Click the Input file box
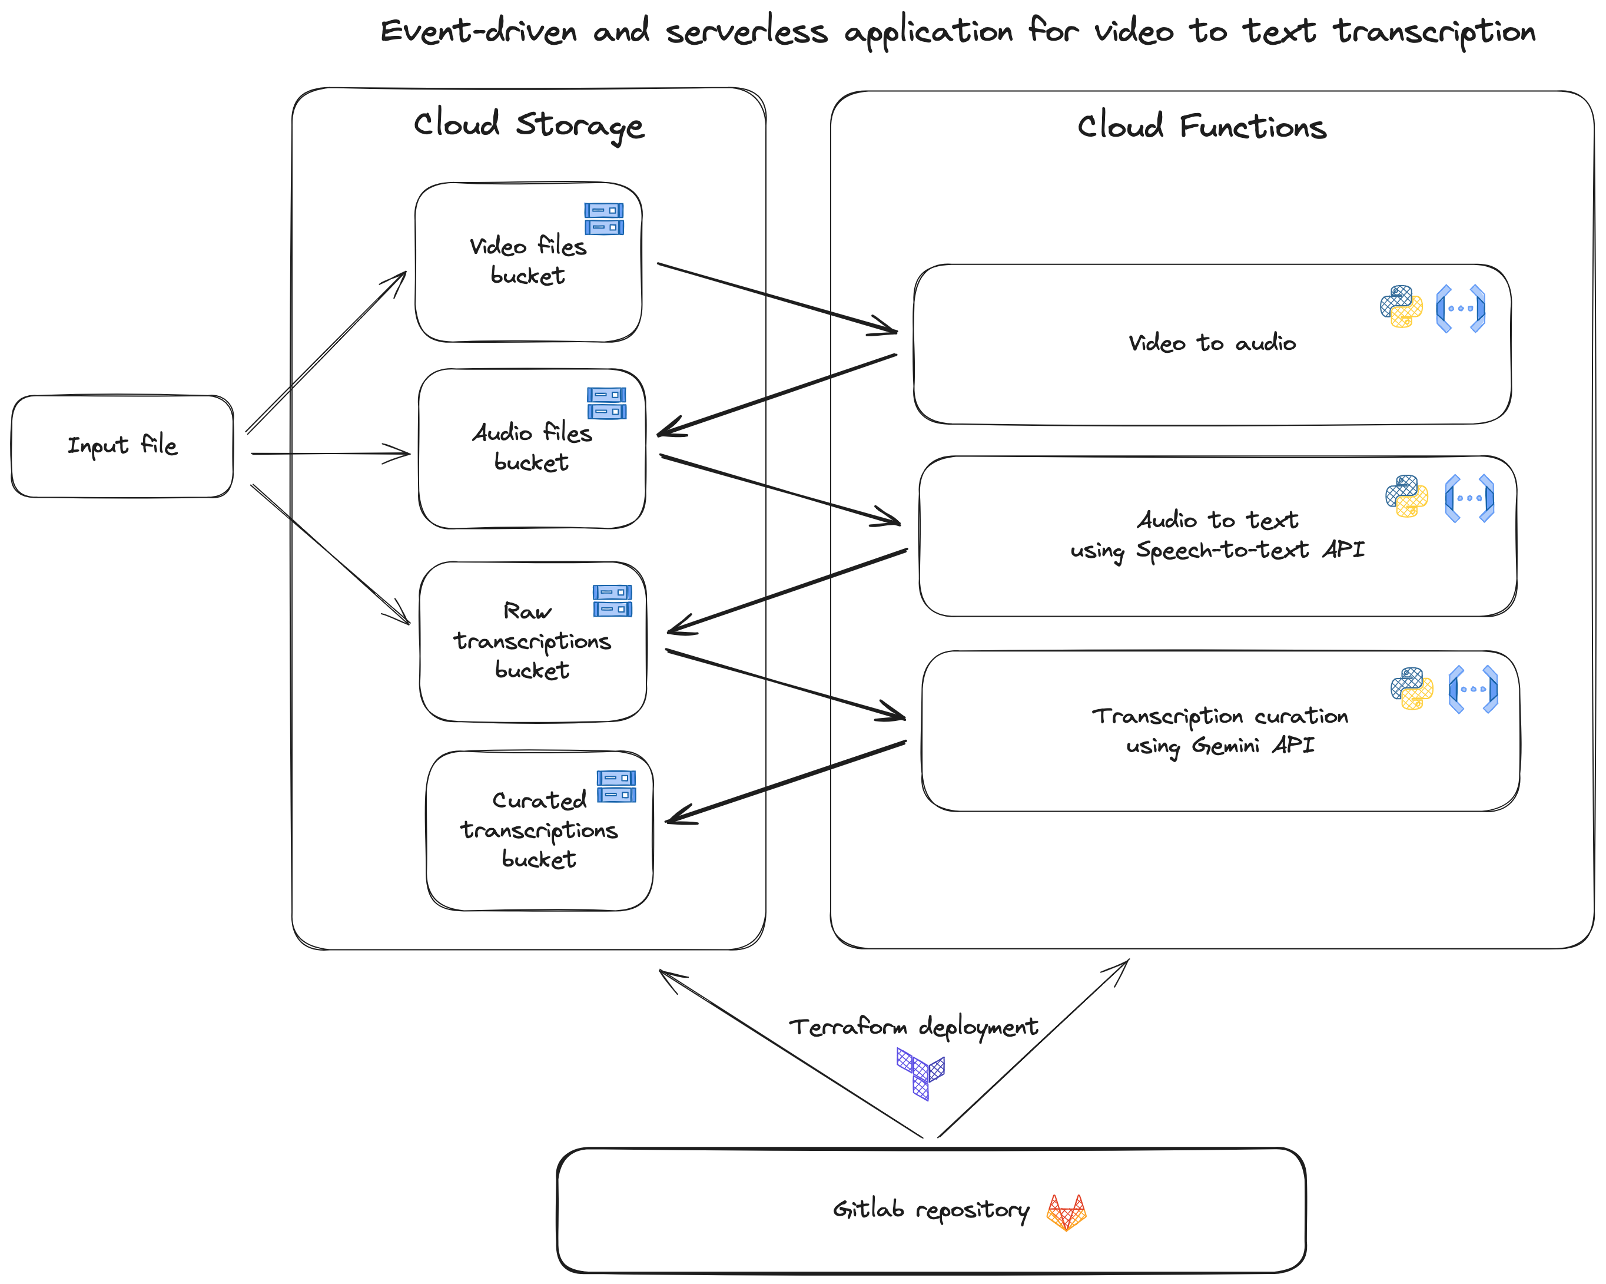point(122,446)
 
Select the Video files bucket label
point(527,260)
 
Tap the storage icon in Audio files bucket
point(606,403)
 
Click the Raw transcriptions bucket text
point(532,641)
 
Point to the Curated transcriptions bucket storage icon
point(616,786)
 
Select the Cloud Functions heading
point(1201,126)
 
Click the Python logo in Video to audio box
point(1401,306)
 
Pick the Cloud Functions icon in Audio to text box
point(1469,498)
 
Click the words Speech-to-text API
point(1250,550)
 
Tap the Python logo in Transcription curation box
point(1411,689)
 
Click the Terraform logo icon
point(920,1073)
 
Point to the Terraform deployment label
point(912,1027)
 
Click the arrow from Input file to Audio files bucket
point(331,453)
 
